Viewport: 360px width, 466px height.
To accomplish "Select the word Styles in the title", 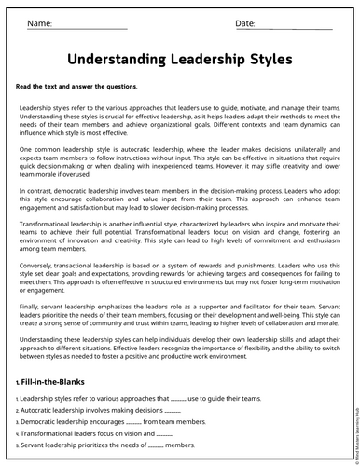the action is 265,60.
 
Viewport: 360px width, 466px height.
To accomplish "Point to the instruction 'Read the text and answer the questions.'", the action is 76,86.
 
